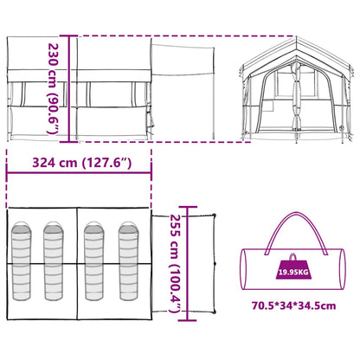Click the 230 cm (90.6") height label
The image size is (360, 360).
pos(54,89)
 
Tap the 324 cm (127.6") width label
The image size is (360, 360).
pos(82,163)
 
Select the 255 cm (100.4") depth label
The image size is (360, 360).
pos(174,263)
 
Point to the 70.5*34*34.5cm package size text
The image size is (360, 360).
pos(293,305)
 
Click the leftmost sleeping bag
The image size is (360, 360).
pos(21,260)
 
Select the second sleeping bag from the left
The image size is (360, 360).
pos(53,260)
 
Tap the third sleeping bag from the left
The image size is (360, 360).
pos(94,260)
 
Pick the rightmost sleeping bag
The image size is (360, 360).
pos(129,260)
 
